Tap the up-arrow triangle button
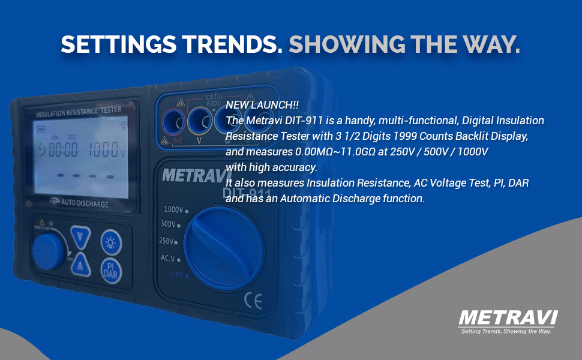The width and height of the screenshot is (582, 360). [81, 264]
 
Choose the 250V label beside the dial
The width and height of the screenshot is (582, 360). [166, 241]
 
